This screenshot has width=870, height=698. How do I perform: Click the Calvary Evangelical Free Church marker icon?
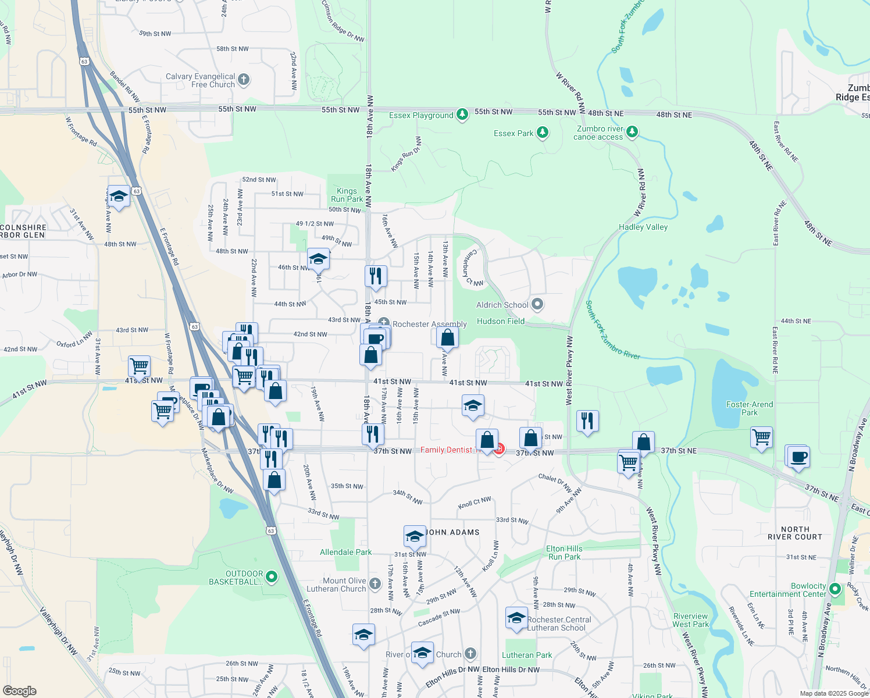tap(244, 80)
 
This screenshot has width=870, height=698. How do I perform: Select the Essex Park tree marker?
tap(543, 133)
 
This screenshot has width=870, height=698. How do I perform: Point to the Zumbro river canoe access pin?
tap(632, 133)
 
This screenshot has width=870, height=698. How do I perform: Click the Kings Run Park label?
tap(347, 195)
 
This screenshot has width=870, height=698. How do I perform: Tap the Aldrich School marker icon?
tap(537, 304)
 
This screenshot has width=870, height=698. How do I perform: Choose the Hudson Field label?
tap(500, 321)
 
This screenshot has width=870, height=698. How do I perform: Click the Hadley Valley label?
tap(643, 227)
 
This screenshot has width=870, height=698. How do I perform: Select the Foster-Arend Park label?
tap(750, 408)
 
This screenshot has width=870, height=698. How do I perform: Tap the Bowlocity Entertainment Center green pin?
tap(835, 589)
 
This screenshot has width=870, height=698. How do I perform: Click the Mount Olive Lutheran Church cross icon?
tap(375, 584)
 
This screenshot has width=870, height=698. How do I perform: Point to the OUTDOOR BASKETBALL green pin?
tap(271, 577)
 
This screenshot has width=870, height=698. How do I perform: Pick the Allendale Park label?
tap(345, 552)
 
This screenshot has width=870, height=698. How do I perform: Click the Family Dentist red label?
tap(446, 450)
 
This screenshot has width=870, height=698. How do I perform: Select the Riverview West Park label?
tap(690, 620)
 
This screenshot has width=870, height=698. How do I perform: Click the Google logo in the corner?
tap(19, 690)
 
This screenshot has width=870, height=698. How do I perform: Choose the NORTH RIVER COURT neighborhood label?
tap(794, 533)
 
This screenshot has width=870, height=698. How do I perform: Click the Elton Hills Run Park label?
tap(564, 553)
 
